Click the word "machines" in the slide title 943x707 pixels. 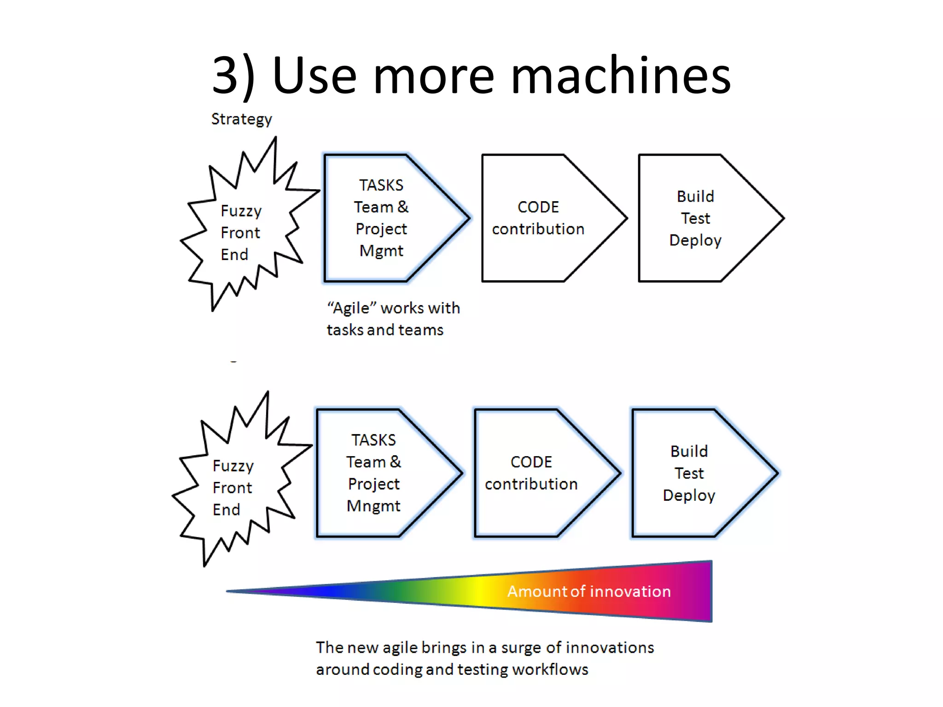pos(621,76)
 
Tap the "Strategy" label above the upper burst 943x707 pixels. pos(241,119)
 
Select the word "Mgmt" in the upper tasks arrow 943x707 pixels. pos(381,251)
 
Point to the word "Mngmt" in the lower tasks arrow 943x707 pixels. pos(373,506)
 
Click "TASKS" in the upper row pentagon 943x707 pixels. pos(381,185)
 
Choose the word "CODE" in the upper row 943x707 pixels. pos(538,207)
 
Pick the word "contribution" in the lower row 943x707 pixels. pos(531,484)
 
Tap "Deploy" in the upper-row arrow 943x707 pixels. pos(695,240)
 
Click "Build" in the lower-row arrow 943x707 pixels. pos(689,451)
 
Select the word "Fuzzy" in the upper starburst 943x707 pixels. pos(241,211)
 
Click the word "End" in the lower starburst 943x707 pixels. pos(226,510)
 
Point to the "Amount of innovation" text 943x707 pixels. pos(589,591)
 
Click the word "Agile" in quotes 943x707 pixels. pos(351,308)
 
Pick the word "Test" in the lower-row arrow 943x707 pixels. pos(689,473)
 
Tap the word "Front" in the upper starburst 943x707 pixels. pos(240,233)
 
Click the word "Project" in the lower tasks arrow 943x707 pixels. pos(373,484)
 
